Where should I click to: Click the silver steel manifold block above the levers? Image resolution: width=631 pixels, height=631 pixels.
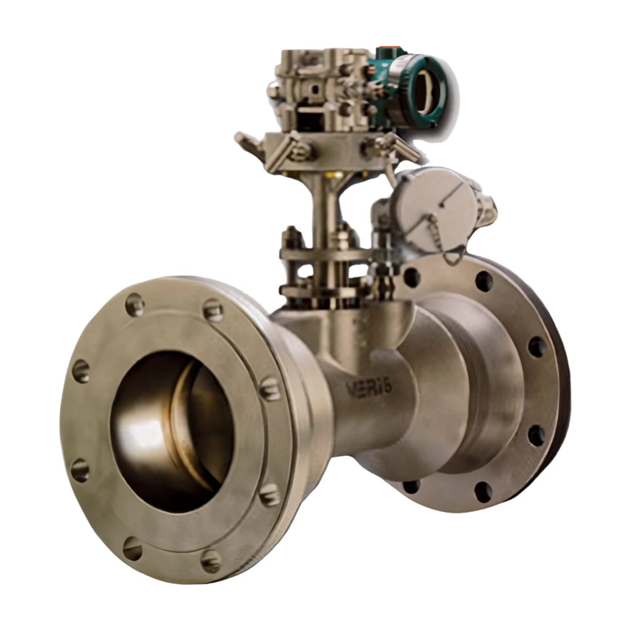click(x=320, y=86)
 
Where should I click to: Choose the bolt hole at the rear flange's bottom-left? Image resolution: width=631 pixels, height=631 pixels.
click(x=412, y=487)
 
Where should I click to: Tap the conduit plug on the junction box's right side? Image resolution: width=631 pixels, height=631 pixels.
click(x=487, y=213)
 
